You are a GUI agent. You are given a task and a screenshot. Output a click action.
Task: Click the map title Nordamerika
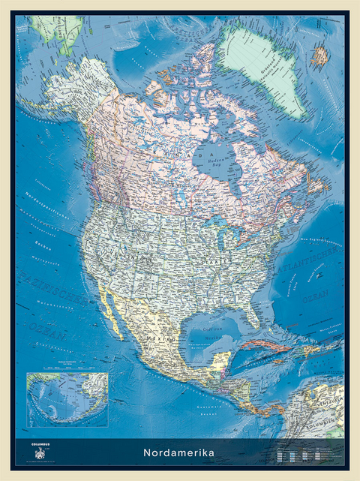coord(180,452)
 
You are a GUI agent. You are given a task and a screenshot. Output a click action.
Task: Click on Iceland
coord(320,55)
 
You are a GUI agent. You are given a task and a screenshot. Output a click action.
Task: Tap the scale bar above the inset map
coord(67,369)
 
